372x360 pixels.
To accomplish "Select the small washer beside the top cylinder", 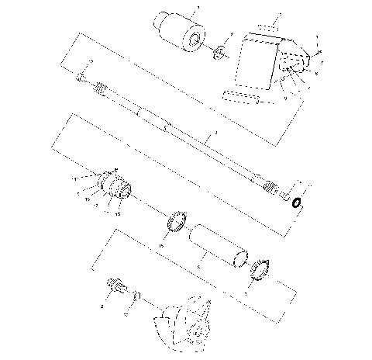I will click(x=219, y=53).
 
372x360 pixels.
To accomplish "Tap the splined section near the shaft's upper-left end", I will click(x=100, y=90).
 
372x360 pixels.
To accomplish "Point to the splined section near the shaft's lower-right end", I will click(x=270, y=185).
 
